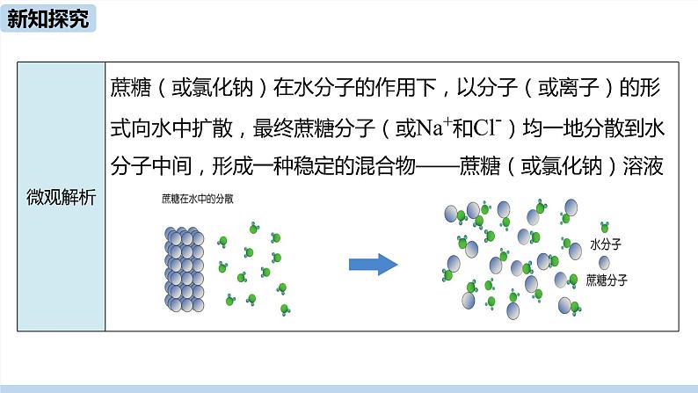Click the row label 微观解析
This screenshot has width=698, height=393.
[x=62, y=197]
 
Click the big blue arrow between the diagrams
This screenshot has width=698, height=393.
[x=374, y=264]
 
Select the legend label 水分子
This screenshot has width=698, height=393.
[x=607, y=245]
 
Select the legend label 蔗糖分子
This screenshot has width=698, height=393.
[x=607, y=280]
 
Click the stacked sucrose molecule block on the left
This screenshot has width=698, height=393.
[x=185, y=269]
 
